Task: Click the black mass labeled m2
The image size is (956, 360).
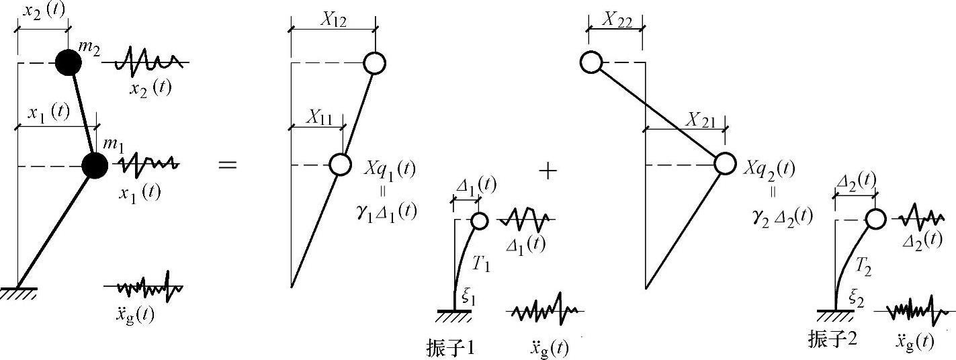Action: point(68,63)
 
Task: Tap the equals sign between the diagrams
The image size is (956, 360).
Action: point(228,165)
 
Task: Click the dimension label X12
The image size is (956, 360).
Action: point(333,21)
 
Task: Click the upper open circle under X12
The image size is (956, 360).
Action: point(374,63)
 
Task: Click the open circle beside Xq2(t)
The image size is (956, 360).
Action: point(724,164)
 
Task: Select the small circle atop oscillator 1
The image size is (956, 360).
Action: point(479,220)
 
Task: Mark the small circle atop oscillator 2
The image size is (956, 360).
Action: point(875,219)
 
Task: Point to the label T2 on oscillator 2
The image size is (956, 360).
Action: point(862,267)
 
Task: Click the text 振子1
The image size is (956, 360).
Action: point(451,347)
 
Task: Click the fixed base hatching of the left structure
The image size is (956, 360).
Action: point(18,294)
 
